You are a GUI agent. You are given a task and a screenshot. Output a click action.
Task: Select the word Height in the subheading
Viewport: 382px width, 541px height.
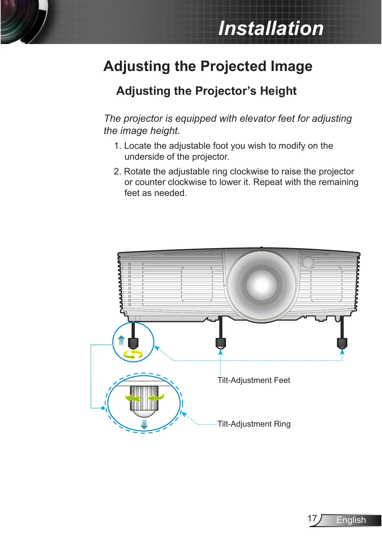point(278,91)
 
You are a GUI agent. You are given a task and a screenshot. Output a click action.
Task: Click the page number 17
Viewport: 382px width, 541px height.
point(312,518)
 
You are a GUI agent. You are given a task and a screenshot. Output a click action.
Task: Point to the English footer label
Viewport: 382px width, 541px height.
point(351,520)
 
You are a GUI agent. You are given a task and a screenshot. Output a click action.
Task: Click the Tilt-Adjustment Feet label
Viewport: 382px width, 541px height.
point(254,380)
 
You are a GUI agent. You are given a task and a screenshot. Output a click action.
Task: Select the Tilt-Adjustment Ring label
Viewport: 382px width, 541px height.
point(254,424)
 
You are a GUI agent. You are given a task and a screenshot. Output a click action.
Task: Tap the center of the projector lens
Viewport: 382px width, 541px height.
point(262,284)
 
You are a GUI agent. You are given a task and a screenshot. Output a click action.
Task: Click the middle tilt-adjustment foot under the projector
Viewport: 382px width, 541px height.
point(221,343)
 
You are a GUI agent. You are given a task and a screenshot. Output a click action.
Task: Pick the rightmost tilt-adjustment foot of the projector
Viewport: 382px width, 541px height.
point(342,343)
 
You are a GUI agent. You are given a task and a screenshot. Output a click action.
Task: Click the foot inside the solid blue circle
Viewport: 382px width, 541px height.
point(133,343)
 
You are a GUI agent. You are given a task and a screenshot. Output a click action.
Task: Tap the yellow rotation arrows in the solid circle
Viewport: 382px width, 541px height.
point(133,355)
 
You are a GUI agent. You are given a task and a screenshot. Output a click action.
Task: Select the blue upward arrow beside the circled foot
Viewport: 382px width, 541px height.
point(121,340)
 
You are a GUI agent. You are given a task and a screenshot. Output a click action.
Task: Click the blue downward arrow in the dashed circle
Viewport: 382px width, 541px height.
point(144,424)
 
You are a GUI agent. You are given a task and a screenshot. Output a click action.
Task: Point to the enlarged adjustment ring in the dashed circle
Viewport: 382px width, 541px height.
point(144,398)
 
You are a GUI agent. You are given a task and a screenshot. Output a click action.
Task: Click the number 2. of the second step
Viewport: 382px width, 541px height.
point(117,172)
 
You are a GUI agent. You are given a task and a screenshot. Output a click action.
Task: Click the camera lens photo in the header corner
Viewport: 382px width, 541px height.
point(22,21)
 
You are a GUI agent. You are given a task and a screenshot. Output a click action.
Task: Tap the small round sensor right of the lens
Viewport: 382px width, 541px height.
point(308,262)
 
